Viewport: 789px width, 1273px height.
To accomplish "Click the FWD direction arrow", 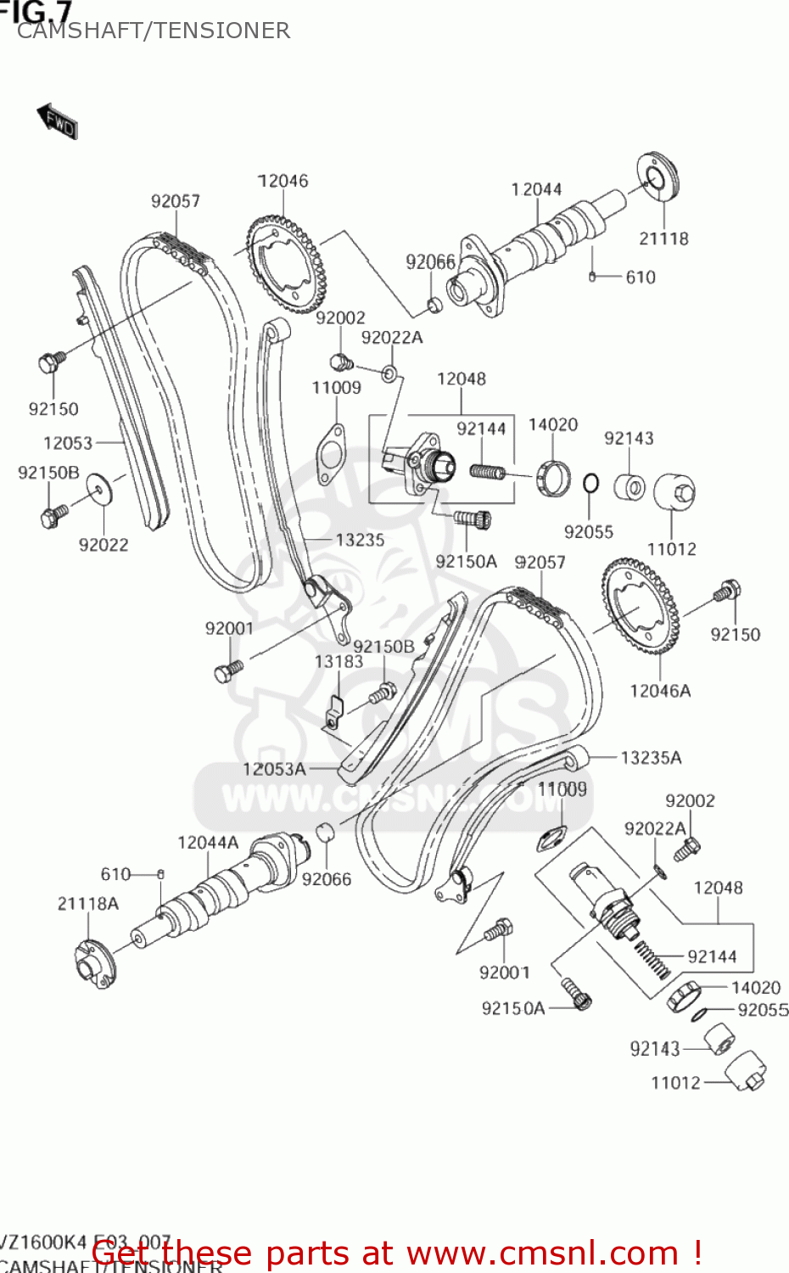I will pyautogui.click(x=57, y=122).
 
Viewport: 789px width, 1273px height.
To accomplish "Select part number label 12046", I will pyautogui.click(x=283, y=181).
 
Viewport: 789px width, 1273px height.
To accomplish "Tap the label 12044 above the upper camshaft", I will pyautogui.click(x=536, y=189).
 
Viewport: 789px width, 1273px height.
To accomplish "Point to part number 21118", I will pyautogui.click(x=663, y=238).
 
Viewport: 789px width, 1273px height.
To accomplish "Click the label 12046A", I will pyautogui.click(x=660, y=691).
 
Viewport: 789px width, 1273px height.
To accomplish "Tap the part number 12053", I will pyautogui.click(x=68, y=442).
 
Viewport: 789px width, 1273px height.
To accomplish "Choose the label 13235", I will pyautogui.click(x=360, y=540).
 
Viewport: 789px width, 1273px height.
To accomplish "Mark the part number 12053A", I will pyautogui.click(x=274, y=769).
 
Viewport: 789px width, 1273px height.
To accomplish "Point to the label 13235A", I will pyautogui.click(x=651, y=758).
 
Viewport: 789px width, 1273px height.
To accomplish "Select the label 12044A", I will pyautogui.click(x=208, y=843).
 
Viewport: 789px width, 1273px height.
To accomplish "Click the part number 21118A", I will pyautogui.click(x=88, y=904).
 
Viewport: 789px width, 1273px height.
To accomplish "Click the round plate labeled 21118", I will pyautogui.click(x=659, y=177).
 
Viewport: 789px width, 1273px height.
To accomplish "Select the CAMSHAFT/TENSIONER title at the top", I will pyautogui.click(x=154, y=31).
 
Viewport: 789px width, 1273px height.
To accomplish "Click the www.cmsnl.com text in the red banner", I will pyautogui.click(x=543, y=1253).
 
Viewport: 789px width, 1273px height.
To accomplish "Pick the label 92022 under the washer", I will pyautogui.click(x=104, y=545).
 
